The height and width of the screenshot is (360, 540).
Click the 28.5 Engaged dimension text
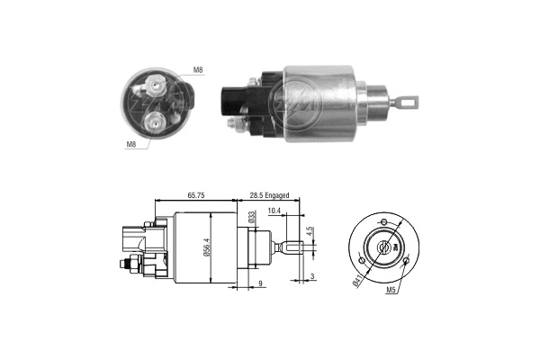274,193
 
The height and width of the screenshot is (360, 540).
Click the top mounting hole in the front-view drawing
384,220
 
